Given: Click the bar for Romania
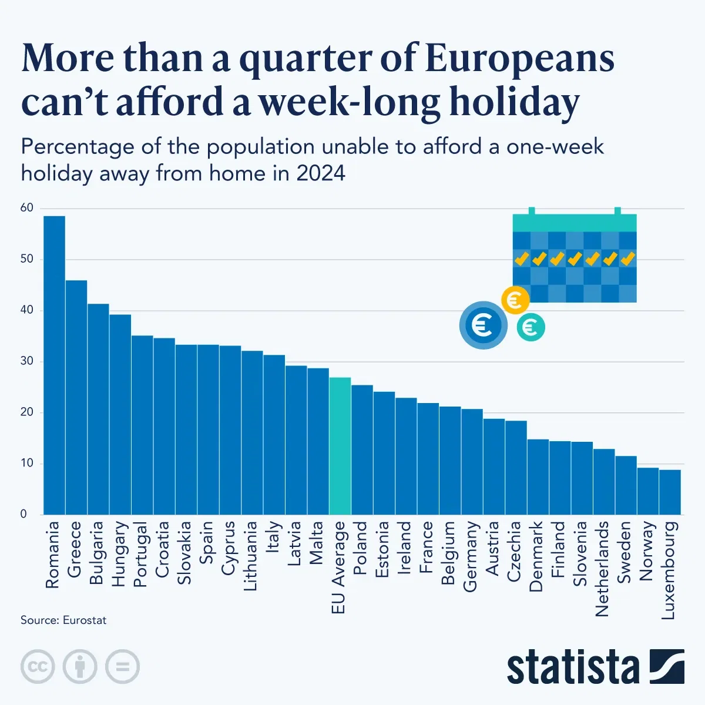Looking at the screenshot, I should (x=54, y=364).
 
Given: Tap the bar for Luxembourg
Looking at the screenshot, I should (x=670, y=492).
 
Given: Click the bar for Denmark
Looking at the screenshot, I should (x=538, y=476).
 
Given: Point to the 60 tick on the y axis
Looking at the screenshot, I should (x=27, y=208).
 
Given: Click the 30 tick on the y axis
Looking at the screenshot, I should (x=27, y=361).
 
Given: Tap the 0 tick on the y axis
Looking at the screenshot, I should (x=23, y=514).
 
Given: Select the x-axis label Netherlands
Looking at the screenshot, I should (x=602, y=569).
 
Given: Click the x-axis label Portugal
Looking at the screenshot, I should (x=140, y=554).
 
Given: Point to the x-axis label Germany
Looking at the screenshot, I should (x=470, y=556).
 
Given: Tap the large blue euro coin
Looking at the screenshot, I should (x=483, y=325).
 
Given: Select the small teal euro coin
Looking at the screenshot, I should (x=531, y=327).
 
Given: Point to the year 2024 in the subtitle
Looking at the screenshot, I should (x=320, y=174).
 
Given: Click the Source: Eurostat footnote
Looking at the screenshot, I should (x=63, y=620).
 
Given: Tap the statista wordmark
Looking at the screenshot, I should (x=573, y=667).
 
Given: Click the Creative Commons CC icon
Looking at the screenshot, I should (x=38, y=667).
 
